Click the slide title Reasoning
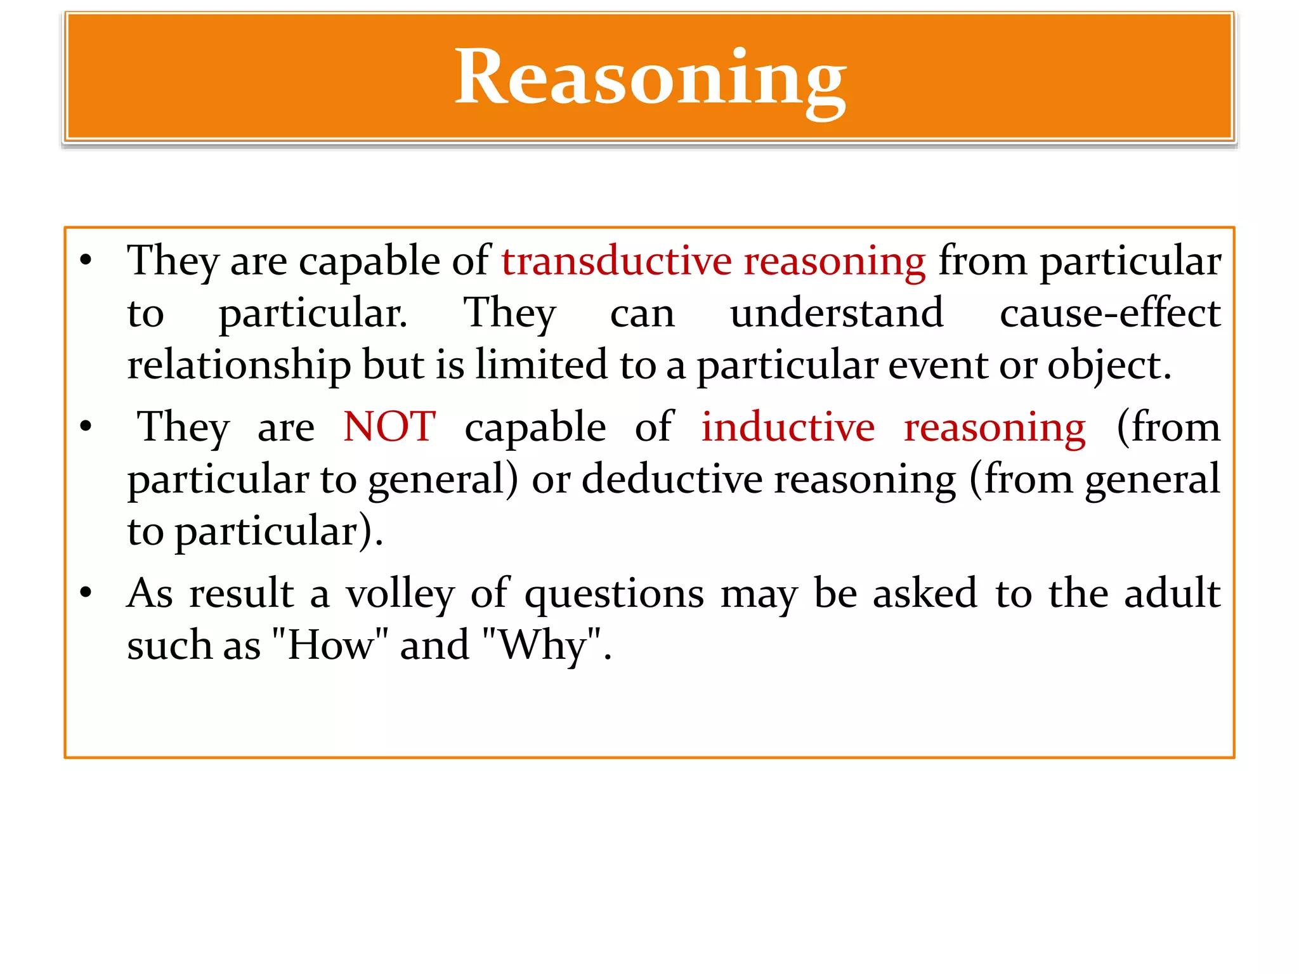point(650,79)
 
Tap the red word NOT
point(389,427)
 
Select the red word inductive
point(788,427)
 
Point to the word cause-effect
point(1110,313)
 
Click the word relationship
point(238,366)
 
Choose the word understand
point(837,313)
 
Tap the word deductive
point(672,479)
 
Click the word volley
point(400,594)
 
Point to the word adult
point(1172,594)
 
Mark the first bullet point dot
point(86,261)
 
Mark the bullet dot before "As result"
point(86,594)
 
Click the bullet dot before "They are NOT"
point(86,427)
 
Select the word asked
point(925,594)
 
